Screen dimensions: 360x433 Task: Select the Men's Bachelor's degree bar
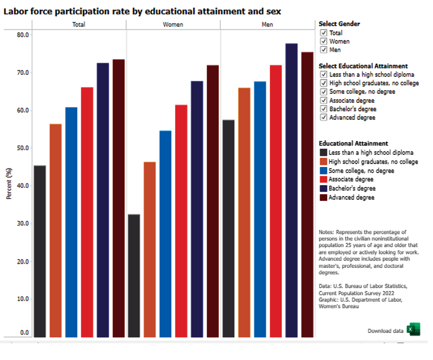(x=291, y=190)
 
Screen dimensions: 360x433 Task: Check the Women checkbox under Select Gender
(x=324, y=41)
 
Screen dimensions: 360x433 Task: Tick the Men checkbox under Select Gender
(x=324, y=50)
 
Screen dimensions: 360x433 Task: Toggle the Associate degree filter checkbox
(x=324, y=100)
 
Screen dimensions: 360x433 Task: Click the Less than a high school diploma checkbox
(x=324, y=74)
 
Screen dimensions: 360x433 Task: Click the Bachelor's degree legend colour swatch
(x=323, y=188)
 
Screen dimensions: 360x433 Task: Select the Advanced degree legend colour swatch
(x=323, y=197)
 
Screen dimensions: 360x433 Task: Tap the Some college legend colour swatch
(x=323, y=171)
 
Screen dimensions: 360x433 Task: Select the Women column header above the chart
(x=173, y=24)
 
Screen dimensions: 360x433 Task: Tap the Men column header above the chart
(x=267, y=24)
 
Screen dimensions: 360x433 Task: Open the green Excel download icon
(x=413, y=329)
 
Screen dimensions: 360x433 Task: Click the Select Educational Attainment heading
(x=363, y=66)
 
